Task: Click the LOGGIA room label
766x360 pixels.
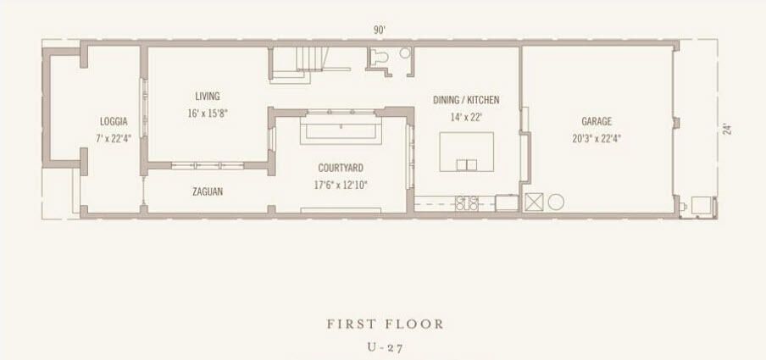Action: [114, 121]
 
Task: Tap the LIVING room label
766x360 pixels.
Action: [207, 97]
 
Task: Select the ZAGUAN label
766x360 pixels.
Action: [208, 191]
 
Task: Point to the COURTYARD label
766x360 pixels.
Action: [341, 168]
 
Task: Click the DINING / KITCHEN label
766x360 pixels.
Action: [466, 100]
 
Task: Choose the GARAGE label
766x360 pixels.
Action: [597, 121]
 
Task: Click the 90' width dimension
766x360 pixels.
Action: [380, 30]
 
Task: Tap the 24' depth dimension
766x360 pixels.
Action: [727, 130]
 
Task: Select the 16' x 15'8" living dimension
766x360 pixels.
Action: [208, 113]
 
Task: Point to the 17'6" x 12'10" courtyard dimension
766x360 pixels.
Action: [341, 183]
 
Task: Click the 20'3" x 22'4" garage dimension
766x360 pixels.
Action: [597, 137]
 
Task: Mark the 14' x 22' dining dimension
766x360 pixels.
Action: [466, 116]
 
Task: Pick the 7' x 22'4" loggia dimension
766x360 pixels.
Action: [114, 137]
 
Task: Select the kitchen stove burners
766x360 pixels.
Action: [467, 202]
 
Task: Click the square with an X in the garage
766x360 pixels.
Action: [534, 202]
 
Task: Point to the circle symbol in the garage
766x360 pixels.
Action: [556, 202]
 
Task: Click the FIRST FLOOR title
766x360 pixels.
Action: [386, 324]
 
